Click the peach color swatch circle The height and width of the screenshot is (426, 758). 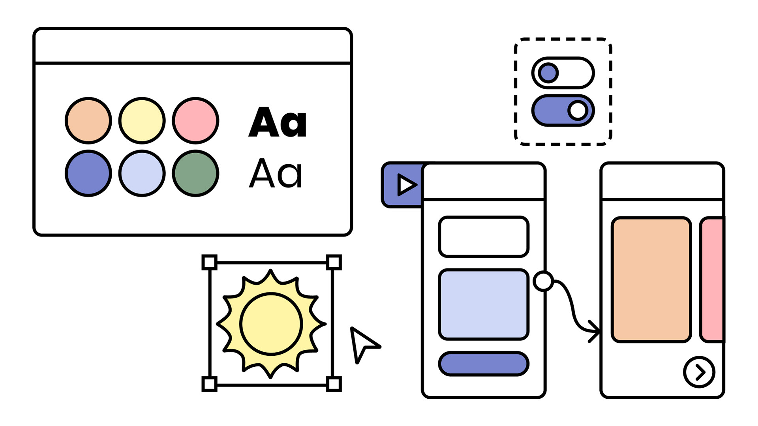point(88,120)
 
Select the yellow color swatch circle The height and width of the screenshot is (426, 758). point(142,120)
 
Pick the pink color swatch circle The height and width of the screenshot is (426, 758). point(195,120)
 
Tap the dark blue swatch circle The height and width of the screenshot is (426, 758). point(88,173)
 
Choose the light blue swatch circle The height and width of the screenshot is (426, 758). point(142,173)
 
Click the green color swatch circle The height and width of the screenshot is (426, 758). point(195,173)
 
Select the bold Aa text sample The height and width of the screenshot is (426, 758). point(278,122)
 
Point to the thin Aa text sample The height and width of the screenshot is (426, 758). point(276,173)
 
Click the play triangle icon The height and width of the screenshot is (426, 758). point(406,185)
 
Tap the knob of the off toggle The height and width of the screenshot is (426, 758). point(548,73)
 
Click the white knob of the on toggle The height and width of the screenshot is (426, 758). point(578,111)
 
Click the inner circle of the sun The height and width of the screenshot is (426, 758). point(271,324)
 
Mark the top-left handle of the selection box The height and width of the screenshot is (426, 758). point(210,263)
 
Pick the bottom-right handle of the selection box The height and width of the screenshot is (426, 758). point(334,384)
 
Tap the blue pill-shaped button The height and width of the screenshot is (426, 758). point(484,364)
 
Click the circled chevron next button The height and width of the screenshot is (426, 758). point(699,372)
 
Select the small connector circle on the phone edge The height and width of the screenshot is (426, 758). point(543,281)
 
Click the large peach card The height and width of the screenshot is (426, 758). point(651,280)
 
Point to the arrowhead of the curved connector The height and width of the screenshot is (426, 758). point(595,331)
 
